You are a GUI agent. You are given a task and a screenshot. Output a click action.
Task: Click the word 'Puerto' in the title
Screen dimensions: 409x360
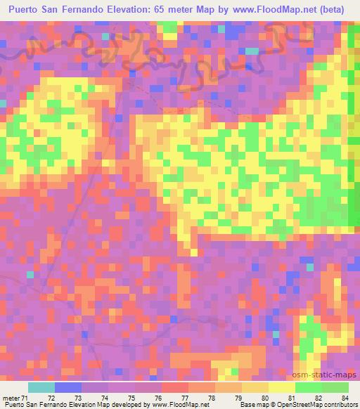tap(25, 9)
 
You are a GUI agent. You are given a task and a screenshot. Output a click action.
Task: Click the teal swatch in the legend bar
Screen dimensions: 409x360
tap(41, 387)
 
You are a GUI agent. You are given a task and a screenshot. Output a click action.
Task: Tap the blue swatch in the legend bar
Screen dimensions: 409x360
tap(68, 387)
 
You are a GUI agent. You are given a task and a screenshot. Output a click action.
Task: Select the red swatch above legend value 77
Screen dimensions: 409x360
tap(175, 387)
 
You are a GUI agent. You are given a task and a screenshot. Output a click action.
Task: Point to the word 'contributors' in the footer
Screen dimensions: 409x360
tap(340, 405)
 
